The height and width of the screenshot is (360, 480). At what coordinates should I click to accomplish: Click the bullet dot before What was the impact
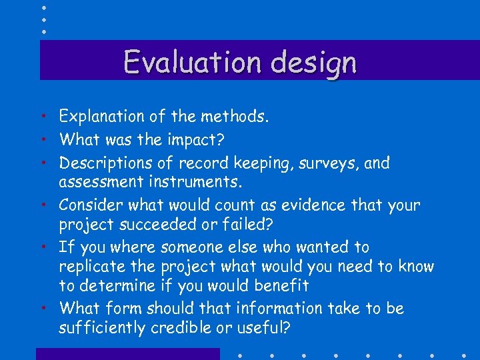coord(43,140)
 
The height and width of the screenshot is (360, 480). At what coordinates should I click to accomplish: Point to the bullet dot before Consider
coord(43,205)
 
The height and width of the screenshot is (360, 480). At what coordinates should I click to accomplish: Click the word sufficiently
coord(103,328)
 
